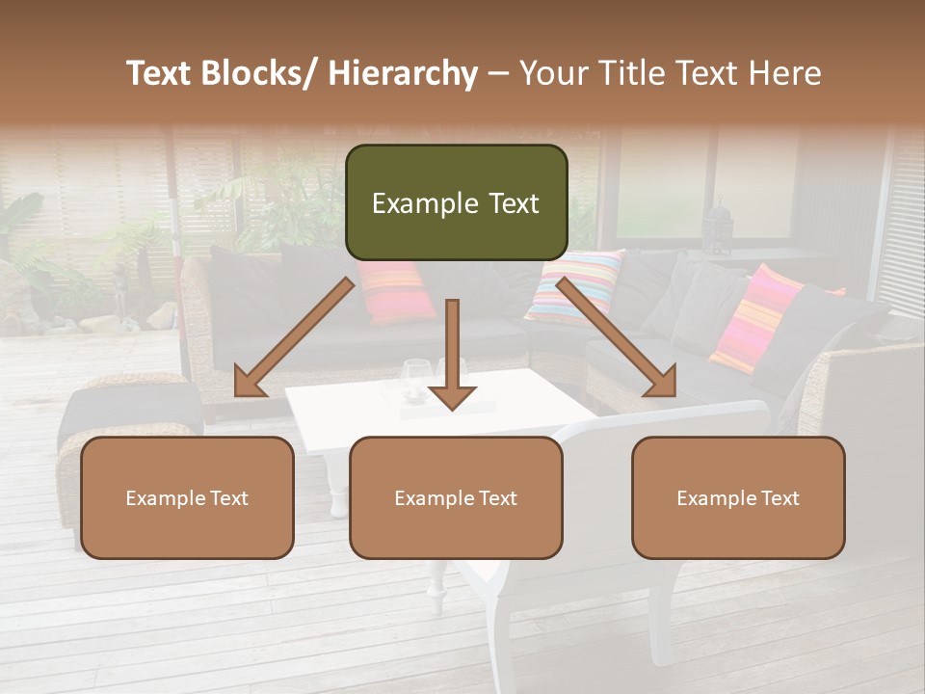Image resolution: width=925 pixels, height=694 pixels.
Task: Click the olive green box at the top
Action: [x=456, y=202]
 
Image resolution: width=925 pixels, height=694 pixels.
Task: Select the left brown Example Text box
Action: [x=187, y=497]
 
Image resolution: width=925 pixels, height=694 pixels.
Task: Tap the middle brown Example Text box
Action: [x=456, y=497]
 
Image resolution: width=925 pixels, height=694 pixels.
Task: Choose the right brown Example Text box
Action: [x=738, y=497]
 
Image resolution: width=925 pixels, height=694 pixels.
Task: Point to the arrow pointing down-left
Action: [x=293, y=338]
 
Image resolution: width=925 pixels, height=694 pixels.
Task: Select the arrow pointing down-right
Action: [x=617, y=338]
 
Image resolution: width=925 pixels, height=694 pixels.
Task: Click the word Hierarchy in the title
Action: [x=402, y=73]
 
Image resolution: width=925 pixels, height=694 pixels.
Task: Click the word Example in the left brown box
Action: [x=165, y=498]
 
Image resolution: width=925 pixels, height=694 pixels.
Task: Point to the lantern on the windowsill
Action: [x=718, y=227]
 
